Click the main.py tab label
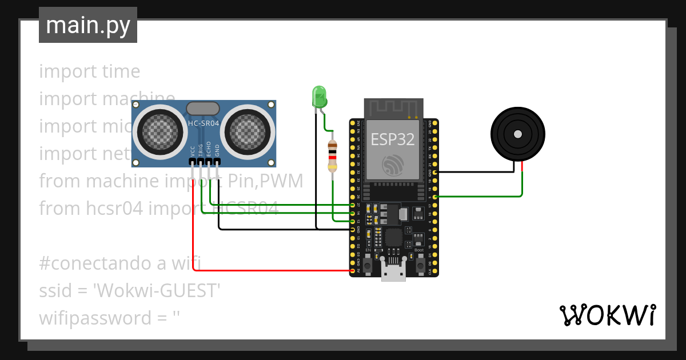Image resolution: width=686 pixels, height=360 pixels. (x=87, y=25)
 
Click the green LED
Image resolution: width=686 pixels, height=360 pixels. (x=319, y=96)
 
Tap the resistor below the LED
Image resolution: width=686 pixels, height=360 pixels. (x=332, y=156)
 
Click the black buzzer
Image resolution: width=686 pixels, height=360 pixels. (x=518, y=134)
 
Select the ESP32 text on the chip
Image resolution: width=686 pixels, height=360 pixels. (x=392, y=139)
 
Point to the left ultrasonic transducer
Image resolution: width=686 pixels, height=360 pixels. (x=160, y=132)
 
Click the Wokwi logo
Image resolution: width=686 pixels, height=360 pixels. (x=607, y=315)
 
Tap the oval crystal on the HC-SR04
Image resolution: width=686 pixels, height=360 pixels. (x=203, y=108)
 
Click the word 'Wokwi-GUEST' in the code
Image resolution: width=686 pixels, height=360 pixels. (x=158, y=291)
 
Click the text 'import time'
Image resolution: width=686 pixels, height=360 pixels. (x=90, y=71)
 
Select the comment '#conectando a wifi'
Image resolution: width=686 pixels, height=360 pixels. (x=120, y=263)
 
